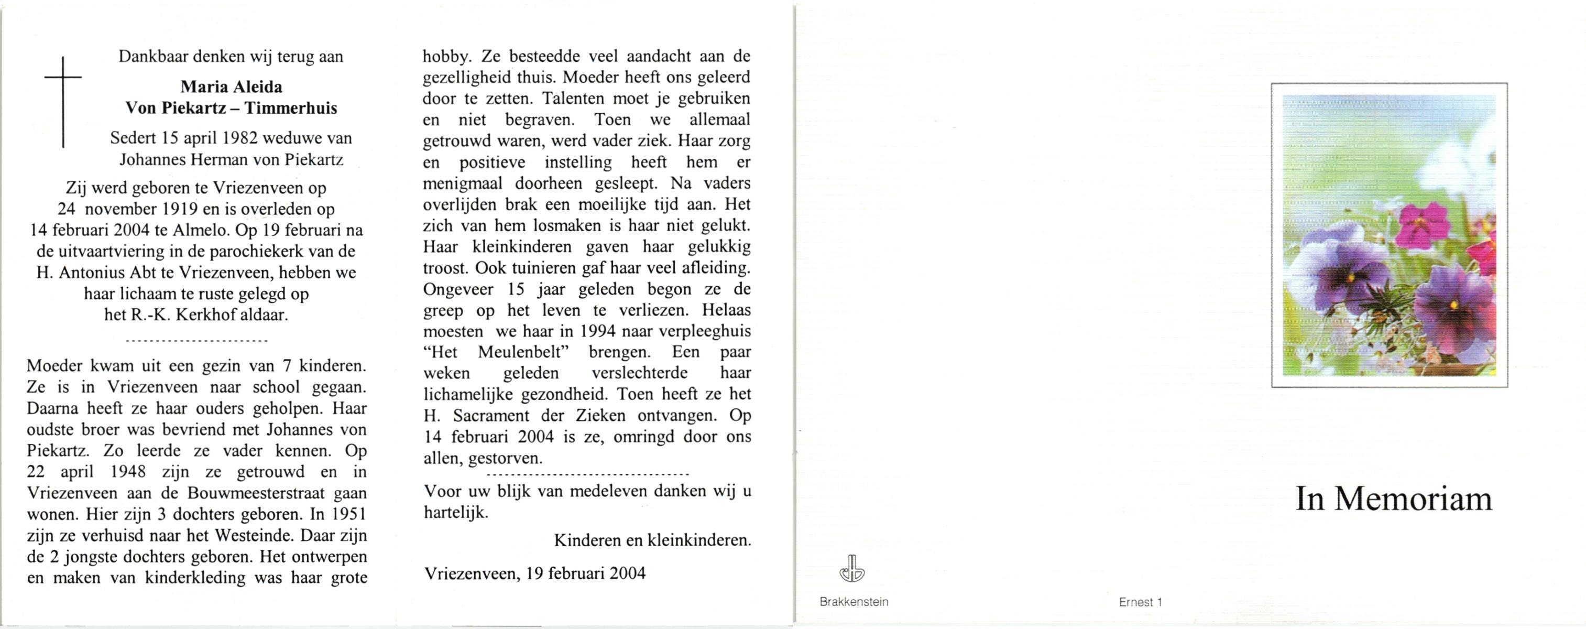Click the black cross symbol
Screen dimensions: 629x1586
coord(63,102)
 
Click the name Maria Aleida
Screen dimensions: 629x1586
coord(231,87)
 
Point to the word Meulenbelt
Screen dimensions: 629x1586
coord(522,352)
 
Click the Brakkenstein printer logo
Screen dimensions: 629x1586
coord(852,569)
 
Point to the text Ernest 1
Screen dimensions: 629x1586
coord(1140,602)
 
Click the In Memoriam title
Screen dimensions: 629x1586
coord(1394,499)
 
